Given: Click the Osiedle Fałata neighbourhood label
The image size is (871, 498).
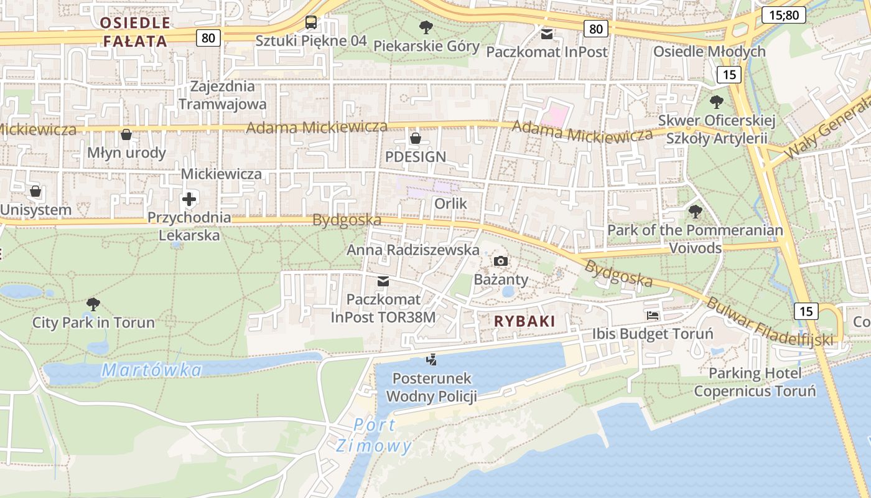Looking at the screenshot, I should click(x=134, y=32).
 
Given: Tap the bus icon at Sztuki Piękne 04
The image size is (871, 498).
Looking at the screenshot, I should click(x=310, y=23).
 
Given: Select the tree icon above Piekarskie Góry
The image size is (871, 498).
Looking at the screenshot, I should click(x=426, y=27).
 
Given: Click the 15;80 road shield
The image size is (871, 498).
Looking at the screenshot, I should click(x=783, y=15).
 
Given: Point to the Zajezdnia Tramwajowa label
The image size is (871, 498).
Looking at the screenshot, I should click(x=223, y=95).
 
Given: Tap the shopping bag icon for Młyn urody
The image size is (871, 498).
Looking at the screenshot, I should click(x=126, y=134).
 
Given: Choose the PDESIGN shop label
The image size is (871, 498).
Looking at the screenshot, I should click(x=416, y=157).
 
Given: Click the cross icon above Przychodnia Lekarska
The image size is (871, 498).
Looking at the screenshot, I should click(x=189, y=200).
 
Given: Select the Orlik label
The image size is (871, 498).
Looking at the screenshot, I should click(x=450, y=204).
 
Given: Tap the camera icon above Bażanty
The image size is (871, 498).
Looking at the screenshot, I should click(x=501, y=261).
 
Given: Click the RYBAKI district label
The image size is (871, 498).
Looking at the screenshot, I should click(x=524, y=321).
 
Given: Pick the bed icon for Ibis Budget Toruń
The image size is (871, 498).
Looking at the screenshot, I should click(x=653, y=316).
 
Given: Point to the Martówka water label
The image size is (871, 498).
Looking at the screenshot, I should click(x=152, y=370).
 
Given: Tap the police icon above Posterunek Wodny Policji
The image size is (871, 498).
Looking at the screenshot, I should click(x=431, y=359).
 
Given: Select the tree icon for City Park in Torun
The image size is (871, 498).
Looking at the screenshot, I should click(x=93, y=304).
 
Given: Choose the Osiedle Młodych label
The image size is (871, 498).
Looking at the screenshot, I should click(x=709, y=51).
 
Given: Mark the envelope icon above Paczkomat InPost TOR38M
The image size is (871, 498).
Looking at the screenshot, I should click(x=383, y=281).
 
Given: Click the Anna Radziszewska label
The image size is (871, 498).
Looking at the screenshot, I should click(x=413, y=250).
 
